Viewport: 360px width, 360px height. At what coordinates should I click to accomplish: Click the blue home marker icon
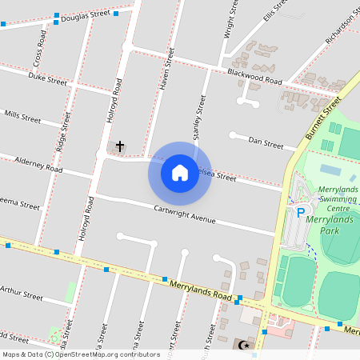180,173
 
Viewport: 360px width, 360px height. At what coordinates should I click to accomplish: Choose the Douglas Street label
86,14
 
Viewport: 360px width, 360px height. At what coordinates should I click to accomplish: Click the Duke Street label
47,80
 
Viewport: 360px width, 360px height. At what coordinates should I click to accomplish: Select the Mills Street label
22,117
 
